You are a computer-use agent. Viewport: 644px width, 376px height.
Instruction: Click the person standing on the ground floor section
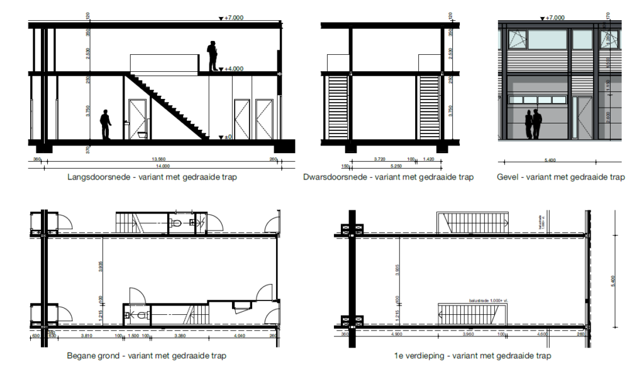[x=106, y=125]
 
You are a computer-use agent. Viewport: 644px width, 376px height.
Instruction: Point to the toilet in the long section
[x=141, y=134]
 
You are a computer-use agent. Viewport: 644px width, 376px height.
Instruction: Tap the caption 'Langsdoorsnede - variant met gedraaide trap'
[x=152, y=178]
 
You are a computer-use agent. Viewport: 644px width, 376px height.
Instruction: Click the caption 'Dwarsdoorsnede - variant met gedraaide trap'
[x=387, y=178]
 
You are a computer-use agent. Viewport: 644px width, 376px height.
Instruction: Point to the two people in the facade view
[x=533, y=124]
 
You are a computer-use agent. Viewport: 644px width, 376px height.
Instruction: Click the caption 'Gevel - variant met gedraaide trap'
[x=560, y=178]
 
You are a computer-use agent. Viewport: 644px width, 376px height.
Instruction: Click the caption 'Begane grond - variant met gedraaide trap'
[x=147, y=356]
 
